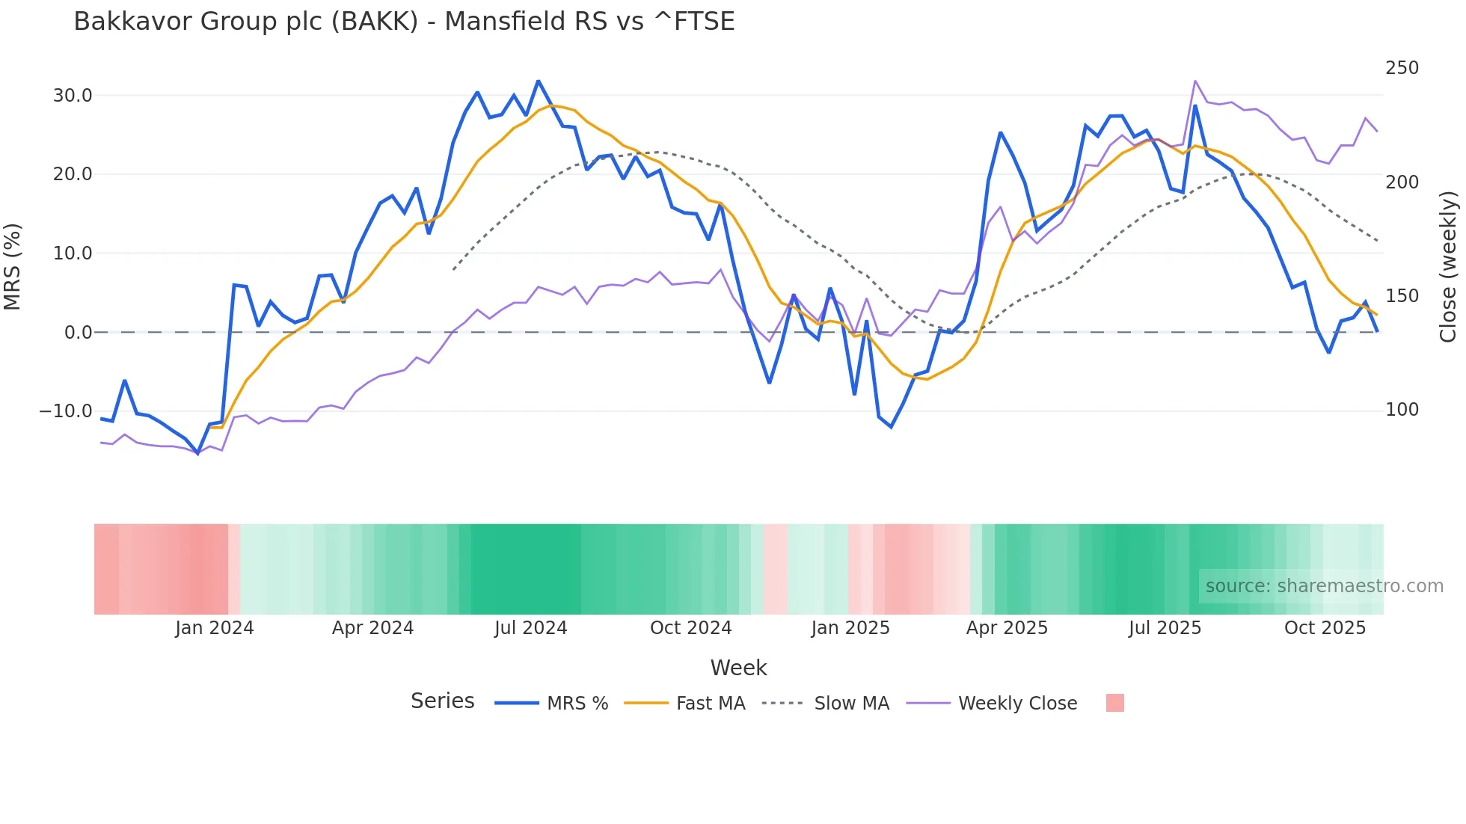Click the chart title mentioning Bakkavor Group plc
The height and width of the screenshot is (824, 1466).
[x=404, y=22]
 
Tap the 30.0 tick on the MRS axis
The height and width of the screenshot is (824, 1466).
[x=73, y=96]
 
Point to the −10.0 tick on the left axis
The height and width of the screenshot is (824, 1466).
[x=66, y=411]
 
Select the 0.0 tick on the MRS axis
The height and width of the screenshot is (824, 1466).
[x=78, y=332]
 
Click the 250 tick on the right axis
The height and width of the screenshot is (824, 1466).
[x=1402, y=68]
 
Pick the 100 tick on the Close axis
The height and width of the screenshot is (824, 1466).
[x=1402, y=410]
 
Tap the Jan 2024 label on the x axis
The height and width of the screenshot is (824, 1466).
[x=215, y=628]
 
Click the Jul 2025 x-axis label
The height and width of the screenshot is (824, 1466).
[x=1165, y=628]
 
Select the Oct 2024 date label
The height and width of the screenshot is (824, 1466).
[x=690, y=628]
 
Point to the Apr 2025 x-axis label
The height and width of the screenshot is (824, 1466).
[x=1007, y=628]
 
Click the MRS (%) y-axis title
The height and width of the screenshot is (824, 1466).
[x=13, y=266]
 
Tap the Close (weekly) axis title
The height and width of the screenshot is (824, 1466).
[x=1449, y=266]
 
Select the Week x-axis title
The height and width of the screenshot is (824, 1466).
[x=738, y=668]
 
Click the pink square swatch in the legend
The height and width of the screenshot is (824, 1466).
[x=1114, y=703]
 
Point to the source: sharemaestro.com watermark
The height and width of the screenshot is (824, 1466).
[x=1324, y=586]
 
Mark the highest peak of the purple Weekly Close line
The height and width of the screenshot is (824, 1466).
[x=1195, y=81]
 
